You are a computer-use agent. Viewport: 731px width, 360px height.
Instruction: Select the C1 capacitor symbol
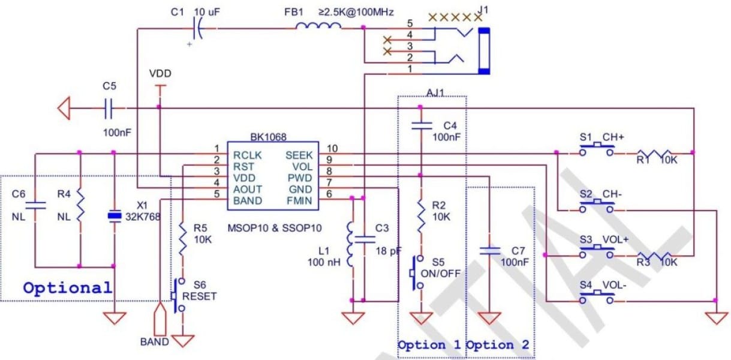(198, 28)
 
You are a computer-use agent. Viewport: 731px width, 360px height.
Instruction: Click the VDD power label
(160, 74)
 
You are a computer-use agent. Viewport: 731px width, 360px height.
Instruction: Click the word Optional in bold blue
(67, 287)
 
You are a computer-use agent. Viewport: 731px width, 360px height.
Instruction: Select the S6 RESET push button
(178, 295)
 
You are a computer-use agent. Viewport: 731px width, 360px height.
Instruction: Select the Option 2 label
(498, 345)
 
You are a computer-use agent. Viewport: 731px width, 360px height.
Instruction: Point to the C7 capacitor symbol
(490, 251)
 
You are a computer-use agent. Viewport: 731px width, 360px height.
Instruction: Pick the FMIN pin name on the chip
(299, 200)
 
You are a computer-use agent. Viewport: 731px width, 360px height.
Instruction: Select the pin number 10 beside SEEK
(332, 148)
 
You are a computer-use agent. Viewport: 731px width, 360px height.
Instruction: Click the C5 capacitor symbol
(108, 108)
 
